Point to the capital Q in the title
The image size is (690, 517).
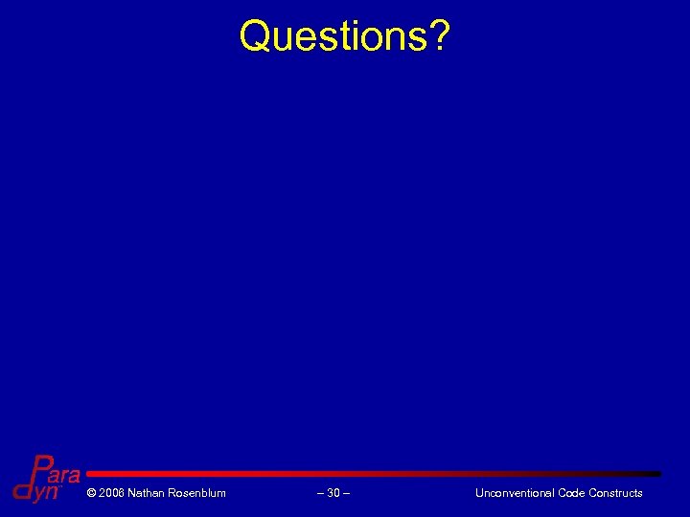(256, 36)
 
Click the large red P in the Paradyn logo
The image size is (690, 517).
(41, 469)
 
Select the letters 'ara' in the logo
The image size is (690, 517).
(64, 476)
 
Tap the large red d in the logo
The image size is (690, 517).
(22, 489)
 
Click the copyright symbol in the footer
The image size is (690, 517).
(91, 493)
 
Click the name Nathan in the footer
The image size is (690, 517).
(147, 493)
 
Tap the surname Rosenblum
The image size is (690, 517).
(197, 493)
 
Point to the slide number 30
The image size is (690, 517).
(333, 493)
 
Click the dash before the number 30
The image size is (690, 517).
(320, 493)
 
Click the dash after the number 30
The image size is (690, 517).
(347, 493)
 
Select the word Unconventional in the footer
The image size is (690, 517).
(515, 493)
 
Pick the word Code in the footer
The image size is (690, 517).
(572, 493)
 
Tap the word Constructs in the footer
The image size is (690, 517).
(616, 493)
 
